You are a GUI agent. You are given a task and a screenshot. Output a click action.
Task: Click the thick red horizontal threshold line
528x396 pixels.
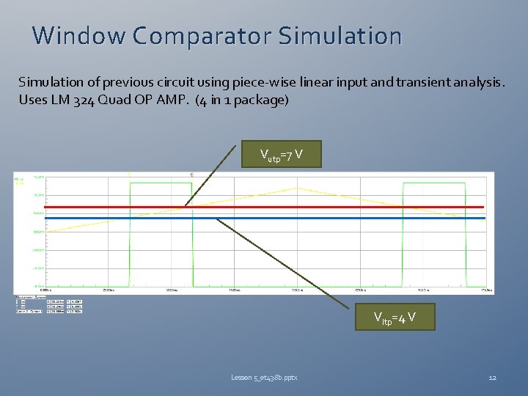330,207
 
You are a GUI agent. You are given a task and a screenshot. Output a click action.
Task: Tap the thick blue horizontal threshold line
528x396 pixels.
330,218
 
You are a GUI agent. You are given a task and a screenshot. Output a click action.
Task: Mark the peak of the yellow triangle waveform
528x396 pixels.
297,188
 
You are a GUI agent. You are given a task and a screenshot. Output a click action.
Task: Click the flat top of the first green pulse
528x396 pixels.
160,183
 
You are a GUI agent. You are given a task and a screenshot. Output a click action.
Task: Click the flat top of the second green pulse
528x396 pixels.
433,183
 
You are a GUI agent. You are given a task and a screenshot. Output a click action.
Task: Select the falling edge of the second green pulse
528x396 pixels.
465,235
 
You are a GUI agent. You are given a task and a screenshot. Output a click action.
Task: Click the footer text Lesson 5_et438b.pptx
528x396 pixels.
265,377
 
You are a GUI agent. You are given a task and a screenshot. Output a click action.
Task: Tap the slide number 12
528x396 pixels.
492,377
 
